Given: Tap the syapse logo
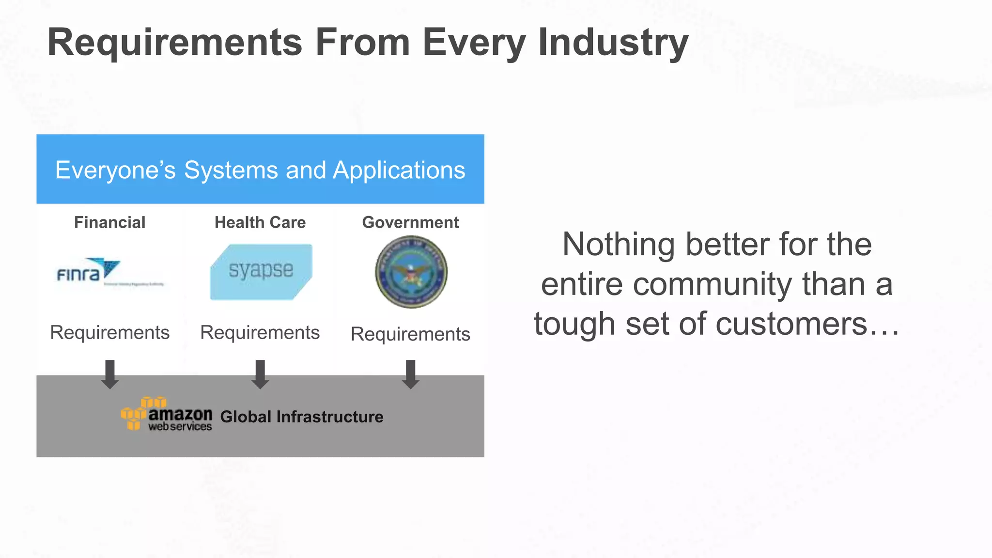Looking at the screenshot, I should click(x=261, y=272).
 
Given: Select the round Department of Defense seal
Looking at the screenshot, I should click(x=411, y=272).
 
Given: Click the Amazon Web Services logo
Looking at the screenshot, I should click(x=167, y=415).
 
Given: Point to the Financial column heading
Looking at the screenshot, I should click(x=109, y=222).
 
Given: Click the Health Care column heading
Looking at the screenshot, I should click(x=260, y=222).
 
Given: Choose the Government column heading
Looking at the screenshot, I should click(x=410, y=222).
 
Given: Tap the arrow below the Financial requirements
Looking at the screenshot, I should click(x=110, y=374).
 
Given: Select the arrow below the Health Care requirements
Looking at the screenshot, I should click(x=260, y=374).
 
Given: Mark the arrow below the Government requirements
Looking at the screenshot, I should click(x=411, y=374).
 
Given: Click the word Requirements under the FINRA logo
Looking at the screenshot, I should click(x=110, y=333).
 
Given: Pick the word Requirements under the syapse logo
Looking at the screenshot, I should click(x=260, y=333).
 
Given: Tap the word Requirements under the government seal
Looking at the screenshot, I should click(x=410, y=334).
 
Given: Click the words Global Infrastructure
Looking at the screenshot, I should click(x=301, y=417).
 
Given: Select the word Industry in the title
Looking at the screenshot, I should click(x=613, y=43).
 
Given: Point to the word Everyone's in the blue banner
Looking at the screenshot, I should click(x=115, y=170).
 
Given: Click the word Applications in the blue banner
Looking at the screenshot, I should click(x=399, y=170).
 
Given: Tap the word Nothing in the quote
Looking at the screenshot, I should click(x=619, y=244).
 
